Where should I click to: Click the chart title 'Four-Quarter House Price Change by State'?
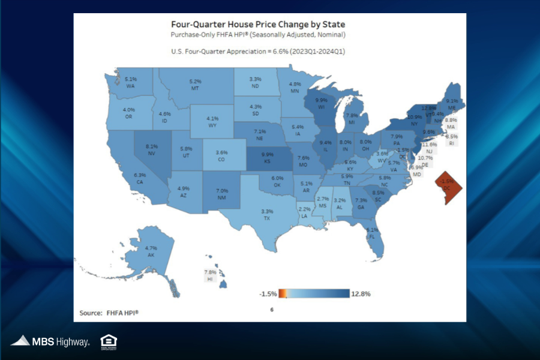click(258, 25)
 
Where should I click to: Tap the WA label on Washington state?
click(130, 86)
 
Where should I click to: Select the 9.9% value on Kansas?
click(266, 154)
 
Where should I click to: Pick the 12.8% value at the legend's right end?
click(361, 293)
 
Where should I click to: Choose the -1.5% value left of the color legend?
click(268, 293)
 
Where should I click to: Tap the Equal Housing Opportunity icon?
click(109, 341)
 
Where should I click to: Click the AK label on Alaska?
click(151, 255)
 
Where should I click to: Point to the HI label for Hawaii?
click(210, 280)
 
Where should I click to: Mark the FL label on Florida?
click(372, 236)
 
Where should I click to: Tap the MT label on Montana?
click(195, 88)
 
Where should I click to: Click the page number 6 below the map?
click(271, 310)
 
